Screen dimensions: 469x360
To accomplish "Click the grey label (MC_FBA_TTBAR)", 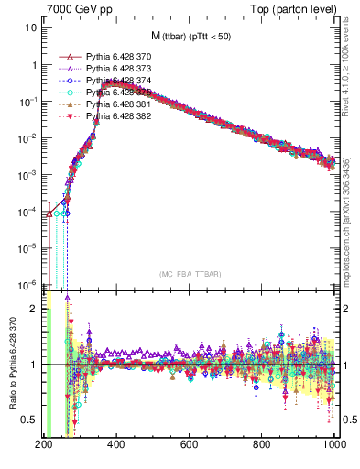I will pos(189,274).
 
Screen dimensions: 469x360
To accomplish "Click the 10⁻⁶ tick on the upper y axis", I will pos(27,284).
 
